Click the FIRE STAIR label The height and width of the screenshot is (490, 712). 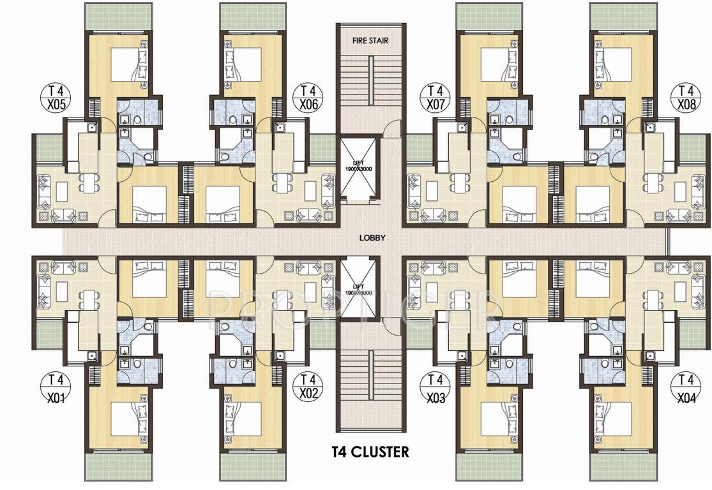click(x=371, y=40)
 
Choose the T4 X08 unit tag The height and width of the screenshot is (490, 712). click(x=686, y=96)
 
